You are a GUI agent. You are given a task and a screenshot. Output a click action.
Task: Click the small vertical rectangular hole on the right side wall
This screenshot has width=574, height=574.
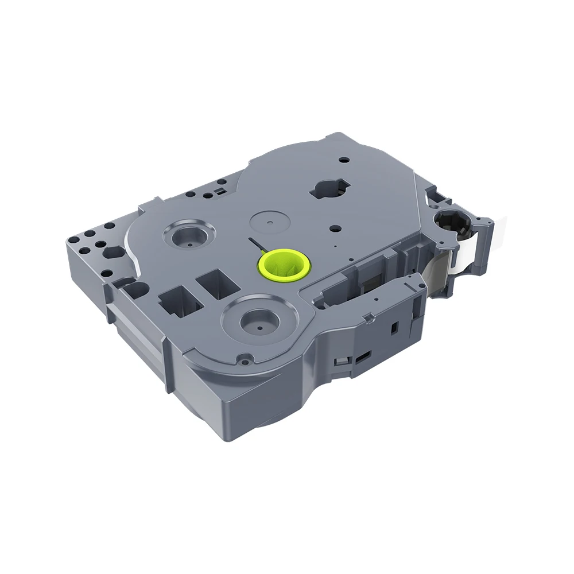click(394, 327)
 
